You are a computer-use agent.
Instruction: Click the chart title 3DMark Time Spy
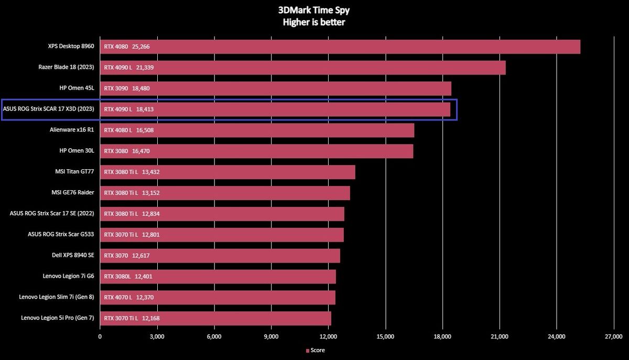point(314,10)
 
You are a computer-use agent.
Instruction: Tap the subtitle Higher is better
point(314,22)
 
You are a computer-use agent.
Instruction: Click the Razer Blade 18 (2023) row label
point(66,67)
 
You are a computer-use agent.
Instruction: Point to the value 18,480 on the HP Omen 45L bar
point(141,88)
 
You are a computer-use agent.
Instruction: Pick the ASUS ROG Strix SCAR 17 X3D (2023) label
point(49,109)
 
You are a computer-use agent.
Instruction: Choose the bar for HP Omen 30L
point(256,151)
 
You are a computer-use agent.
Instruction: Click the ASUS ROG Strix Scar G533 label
point(61,234)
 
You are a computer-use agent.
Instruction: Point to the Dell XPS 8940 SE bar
point(220,255)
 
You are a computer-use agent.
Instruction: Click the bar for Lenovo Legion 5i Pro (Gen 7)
point(215,318)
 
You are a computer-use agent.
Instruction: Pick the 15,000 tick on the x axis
point(385,336)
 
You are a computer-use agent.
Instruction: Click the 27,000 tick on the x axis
point(613,336)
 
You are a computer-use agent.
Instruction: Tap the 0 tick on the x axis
point(100,336)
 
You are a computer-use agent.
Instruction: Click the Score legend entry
point(315,350)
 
